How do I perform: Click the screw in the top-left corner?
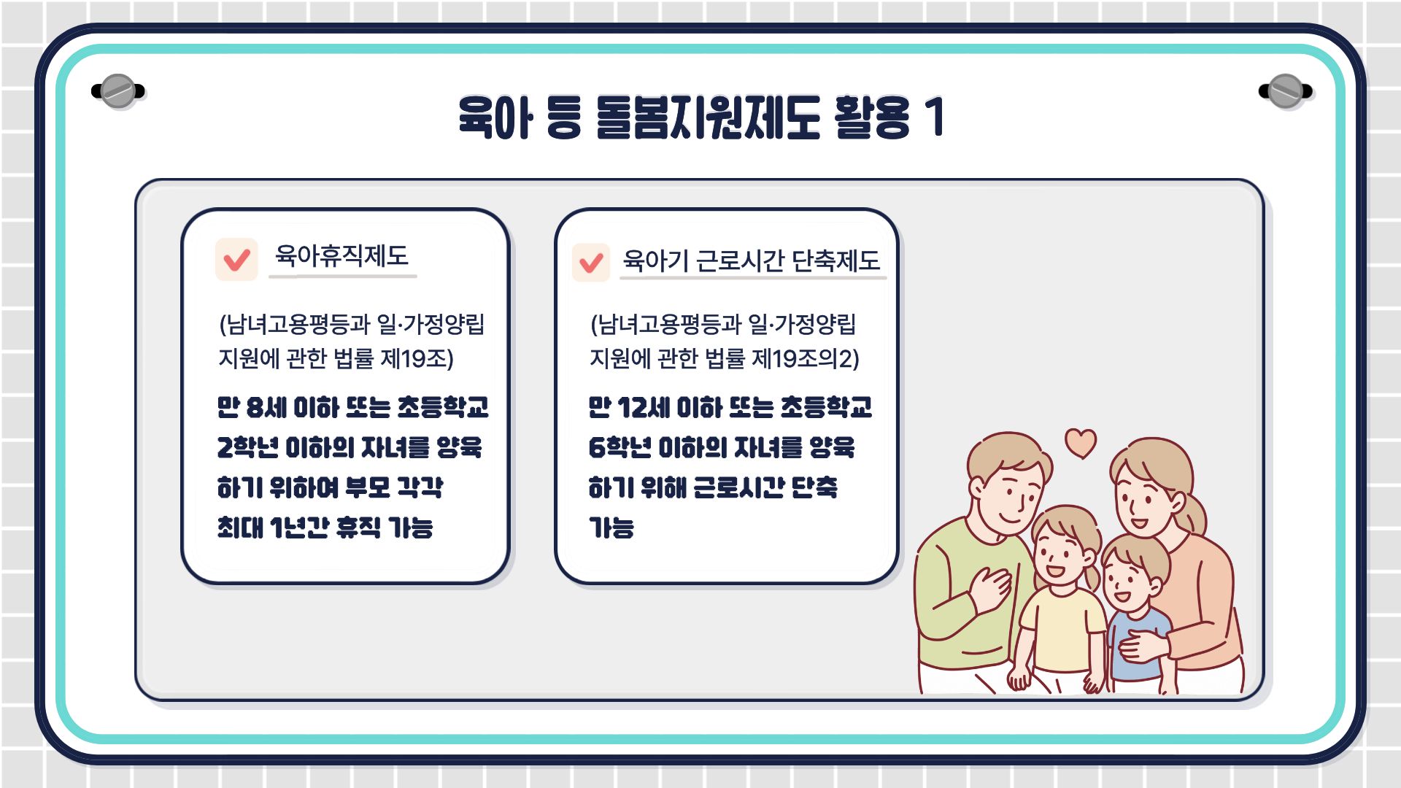(118, 91)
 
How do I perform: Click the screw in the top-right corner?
(1286, 91)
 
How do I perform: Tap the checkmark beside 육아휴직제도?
(236, 260)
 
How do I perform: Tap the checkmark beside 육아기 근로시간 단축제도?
(591, 263)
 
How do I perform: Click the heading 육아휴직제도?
(341, 255)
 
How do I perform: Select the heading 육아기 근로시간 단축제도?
(752, 260)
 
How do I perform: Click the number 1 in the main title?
(935, 117)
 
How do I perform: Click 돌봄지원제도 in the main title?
(708, 117)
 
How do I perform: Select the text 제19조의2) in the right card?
(806, 358)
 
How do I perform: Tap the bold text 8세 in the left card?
(266, 407)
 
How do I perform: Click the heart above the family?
(1081, 442)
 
